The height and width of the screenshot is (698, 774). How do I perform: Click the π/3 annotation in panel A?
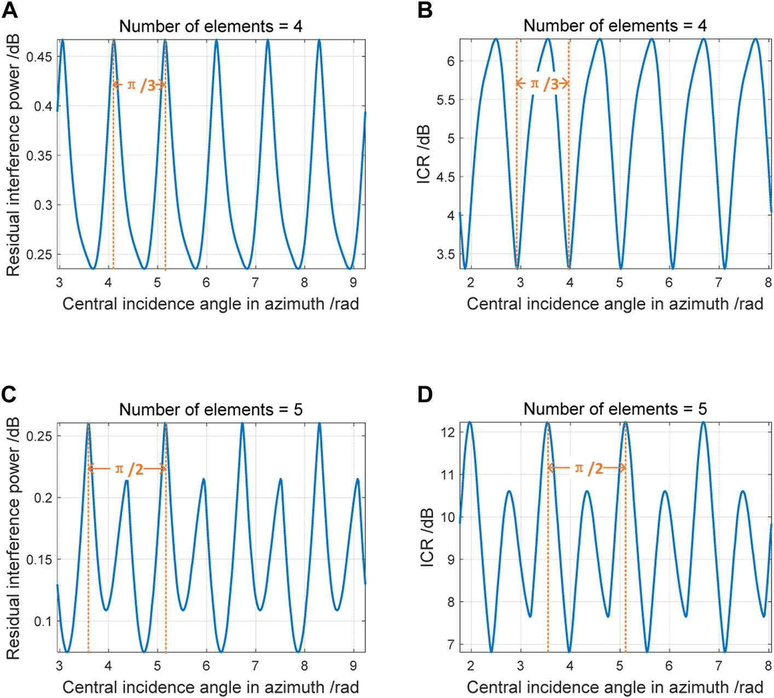(x=140, y=85)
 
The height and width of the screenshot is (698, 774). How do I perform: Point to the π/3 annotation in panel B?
(x=543, y=84)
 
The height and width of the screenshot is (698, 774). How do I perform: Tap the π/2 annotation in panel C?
(x=128, y=469)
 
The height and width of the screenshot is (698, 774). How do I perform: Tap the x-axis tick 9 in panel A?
(x=353, y=283)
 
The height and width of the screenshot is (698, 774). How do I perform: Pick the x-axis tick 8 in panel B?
(x=768, y=283)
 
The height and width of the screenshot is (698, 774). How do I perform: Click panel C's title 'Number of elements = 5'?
(x=211, y=409)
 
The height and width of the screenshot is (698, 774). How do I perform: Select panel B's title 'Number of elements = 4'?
(x=615, y=26)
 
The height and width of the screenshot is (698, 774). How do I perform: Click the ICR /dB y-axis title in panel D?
(x=426, y=537)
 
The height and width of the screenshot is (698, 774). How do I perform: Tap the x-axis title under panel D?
(x=615, y=687)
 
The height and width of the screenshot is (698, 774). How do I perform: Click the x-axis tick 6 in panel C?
(x=206, y=666)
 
